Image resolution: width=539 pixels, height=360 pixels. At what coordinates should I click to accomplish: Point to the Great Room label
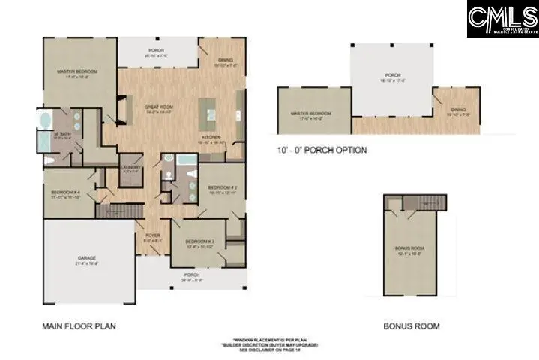pos(158,109)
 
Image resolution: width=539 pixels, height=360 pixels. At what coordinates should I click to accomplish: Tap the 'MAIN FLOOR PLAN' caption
pos(78,326)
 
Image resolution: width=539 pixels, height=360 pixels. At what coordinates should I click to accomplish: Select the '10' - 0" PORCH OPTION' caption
pos(322,151)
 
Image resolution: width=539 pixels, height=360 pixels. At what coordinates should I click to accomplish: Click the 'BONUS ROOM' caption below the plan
pos(412,326)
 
